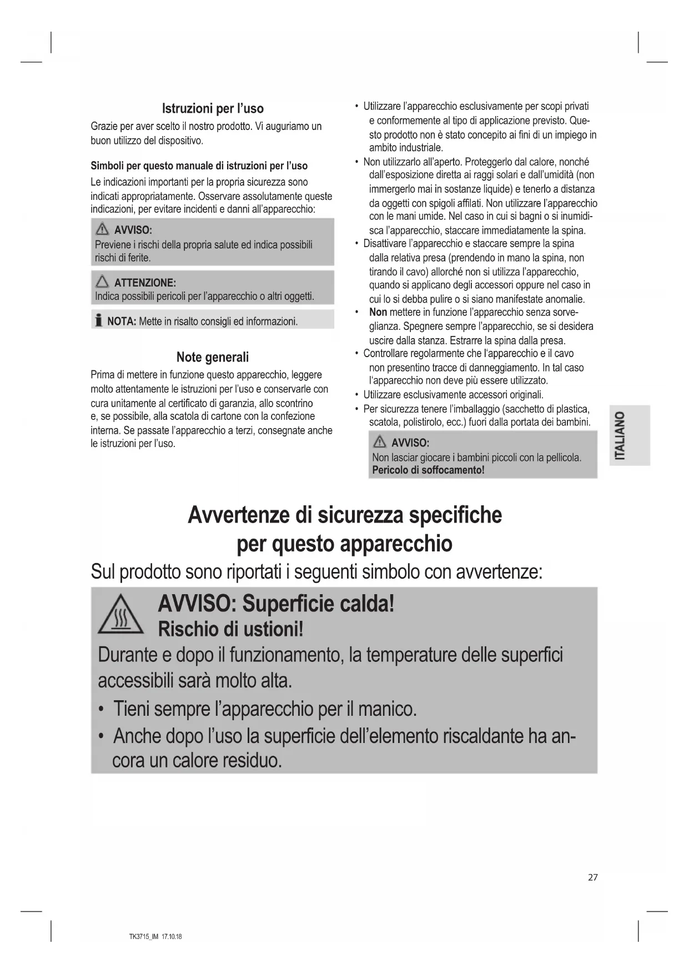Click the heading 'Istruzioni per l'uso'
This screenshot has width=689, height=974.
pyautogui.click(x=213, y=108)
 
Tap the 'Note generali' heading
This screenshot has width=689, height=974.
pyautogui.click(x=213, y=357)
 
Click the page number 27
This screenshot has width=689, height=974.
pyautogui.click(x=593, y=877)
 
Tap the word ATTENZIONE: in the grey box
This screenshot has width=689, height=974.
pyautogui.click(x=145, y=283)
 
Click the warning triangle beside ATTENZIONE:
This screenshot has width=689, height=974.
pyautogui.click(x=102, y=282)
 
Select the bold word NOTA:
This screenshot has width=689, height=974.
pyautogui.click(x=122, y=321)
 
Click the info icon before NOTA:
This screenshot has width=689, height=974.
pyautogui.click(x=98, y=320)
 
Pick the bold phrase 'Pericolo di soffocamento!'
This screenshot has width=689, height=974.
pyautogui.click(x=428, y=470)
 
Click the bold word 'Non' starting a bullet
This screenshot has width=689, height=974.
pyautogui.click(x=378, y=312)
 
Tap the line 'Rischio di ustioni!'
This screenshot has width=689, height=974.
pyautogui.click(x=230, y=629)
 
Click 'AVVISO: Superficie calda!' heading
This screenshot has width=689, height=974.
pyautogui.click(x=276, y=604)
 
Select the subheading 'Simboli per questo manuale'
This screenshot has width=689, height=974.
pyautogui.click(x=199, y=165)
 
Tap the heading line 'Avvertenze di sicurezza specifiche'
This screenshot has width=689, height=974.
pyautogui.click(x=344, y=515)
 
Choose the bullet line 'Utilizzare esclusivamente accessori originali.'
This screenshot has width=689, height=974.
pyautogui.click(x=453, y=395)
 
